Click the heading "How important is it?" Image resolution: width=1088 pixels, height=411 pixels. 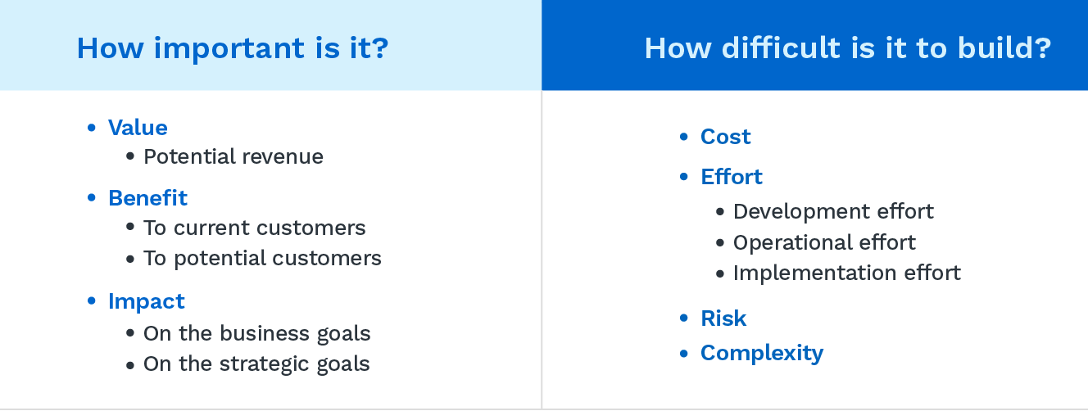tap(232, 48)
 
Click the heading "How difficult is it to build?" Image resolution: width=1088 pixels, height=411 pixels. tap(847, 48)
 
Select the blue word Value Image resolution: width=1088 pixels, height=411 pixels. tap(138, 128)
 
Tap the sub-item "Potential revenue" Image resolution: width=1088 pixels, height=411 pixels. tap(233, 156)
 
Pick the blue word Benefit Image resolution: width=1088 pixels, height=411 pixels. tap(147, 198)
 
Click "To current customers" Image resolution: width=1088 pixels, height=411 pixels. tap(254, 228)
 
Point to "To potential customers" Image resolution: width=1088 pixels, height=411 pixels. tap(262, 259)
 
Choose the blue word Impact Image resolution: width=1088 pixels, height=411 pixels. tap(147, 301)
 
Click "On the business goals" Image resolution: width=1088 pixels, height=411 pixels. tap(256, 334)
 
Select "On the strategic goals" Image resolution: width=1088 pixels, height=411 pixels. tap(256, 364)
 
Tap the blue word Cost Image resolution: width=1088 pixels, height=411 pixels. tap(725, 137)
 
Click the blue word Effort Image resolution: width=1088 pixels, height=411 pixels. tap(731, 177)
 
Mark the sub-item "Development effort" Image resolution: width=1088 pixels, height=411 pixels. tap(833, 211)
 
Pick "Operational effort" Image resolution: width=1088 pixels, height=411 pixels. tap(824, 242)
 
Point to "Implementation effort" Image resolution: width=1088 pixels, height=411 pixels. tap(846, 273)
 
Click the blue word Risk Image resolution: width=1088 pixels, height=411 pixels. tap(723, 318)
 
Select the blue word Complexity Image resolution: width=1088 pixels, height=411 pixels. tap(761, 353)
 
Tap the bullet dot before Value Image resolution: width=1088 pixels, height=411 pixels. tap(93, 128)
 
